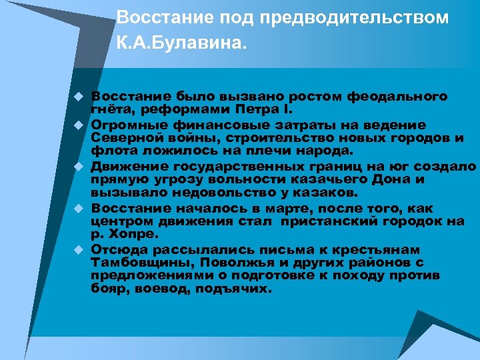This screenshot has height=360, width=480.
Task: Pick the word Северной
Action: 121,139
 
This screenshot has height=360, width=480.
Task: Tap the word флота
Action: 109,150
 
